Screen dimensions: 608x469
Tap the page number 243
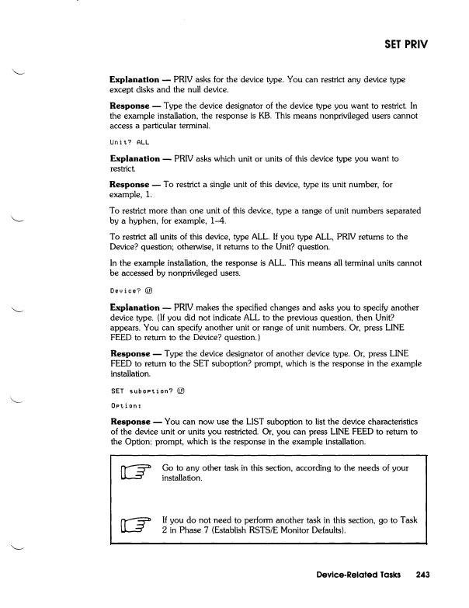(422, 575)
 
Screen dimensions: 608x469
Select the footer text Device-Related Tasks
(354, 575)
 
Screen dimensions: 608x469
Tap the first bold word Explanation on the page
(136, 79)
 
